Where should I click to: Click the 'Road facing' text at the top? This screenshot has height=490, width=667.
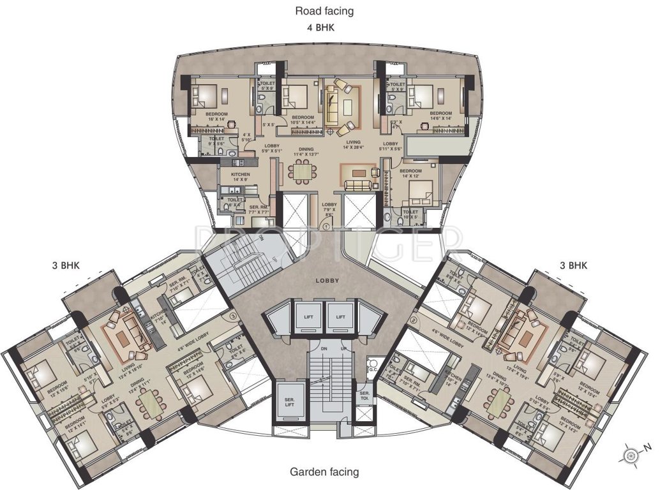[x=324, y=11]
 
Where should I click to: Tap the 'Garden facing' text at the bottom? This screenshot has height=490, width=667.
[x=324, y=472]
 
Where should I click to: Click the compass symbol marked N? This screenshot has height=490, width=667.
[x=632, y=455]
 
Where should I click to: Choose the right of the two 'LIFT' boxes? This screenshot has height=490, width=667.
[x=341, y=317]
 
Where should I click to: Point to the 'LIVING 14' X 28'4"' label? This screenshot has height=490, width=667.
[x=354, y=145]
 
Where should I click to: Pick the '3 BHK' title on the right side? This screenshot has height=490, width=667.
[x=573, y=265]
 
